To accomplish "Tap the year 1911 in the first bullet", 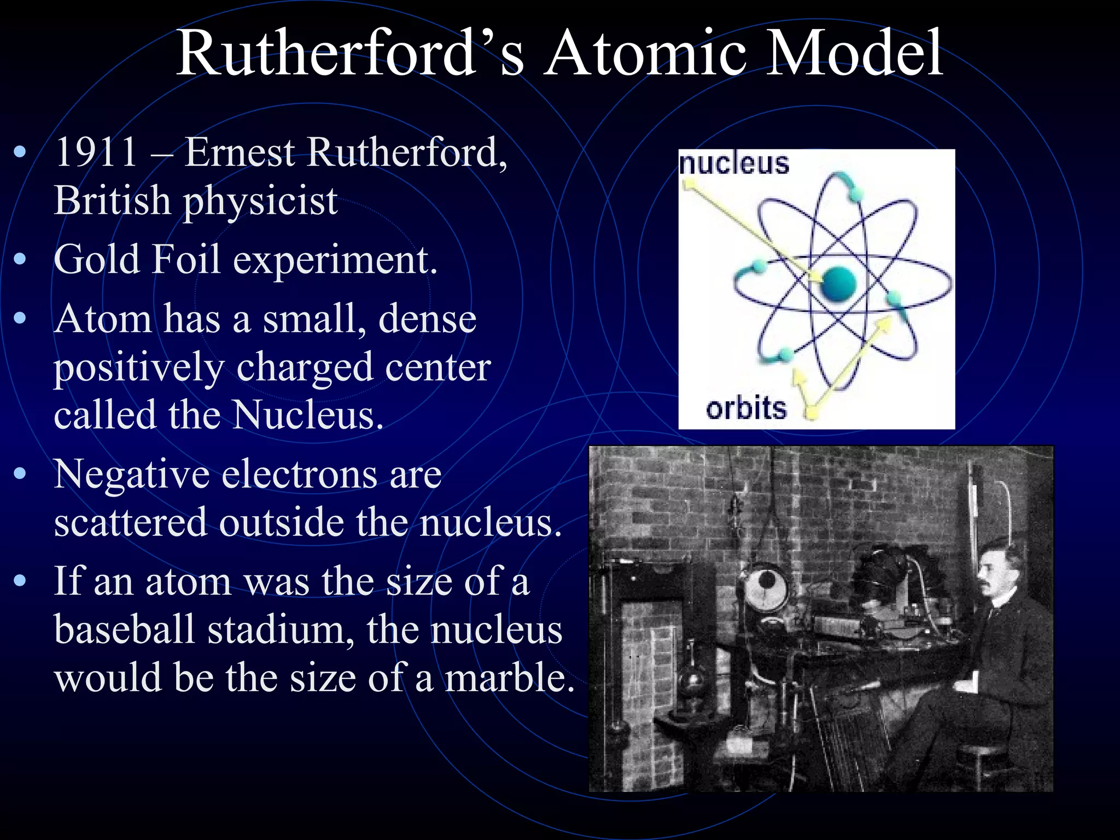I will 96,152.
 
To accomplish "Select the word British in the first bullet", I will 112,200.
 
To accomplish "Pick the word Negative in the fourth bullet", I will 131,474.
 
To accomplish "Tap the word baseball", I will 124,629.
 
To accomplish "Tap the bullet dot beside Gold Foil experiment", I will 20,259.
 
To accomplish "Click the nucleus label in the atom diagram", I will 734,164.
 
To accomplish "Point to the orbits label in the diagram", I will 746,408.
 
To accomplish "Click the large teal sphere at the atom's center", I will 838,284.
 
